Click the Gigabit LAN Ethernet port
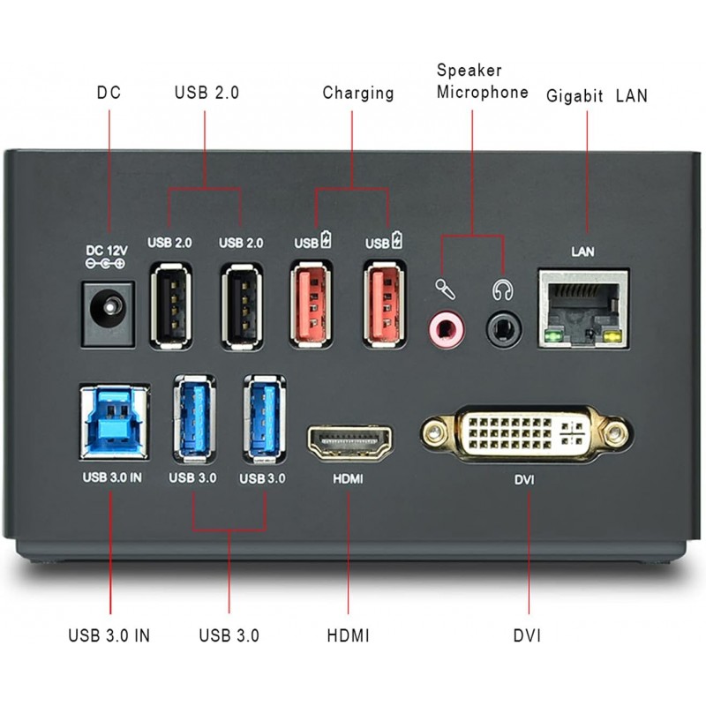583,307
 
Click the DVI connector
525,433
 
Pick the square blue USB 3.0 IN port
113,419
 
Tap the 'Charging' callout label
357,93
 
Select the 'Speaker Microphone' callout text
482,81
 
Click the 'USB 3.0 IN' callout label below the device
109,635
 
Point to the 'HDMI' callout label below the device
348,635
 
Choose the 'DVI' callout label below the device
527,635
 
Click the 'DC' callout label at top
109,93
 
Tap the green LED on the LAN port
554,336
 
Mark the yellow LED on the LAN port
613,336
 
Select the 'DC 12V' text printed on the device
105,250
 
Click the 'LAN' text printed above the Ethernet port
582,252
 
